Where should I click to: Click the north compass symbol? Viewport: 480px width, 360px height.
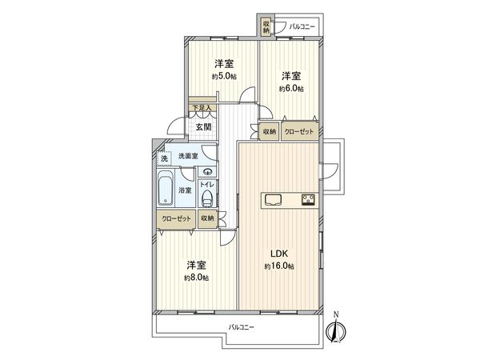pos(336,329)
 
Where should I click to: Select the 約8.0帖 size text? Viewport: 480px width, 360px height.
pos(196,278)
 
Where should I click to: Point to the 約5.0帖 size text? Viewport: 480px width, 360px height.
pos(223,77)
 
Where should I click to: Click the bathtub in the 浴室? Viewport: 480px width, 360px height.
pos(166,192)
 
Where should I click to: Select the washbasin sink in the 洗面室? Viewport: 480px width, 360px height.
pos(208,170)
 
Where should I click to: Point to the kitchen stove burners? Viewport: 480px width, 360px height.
pos(307,199)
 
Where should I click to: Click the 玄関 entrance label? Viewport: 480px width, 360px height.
pos(202,126)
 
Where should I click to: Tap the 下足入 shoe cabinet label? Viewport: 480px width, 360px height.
pos(200,107)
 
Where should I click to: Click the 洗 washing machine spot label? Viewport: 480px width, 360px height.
pos(165,158)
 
